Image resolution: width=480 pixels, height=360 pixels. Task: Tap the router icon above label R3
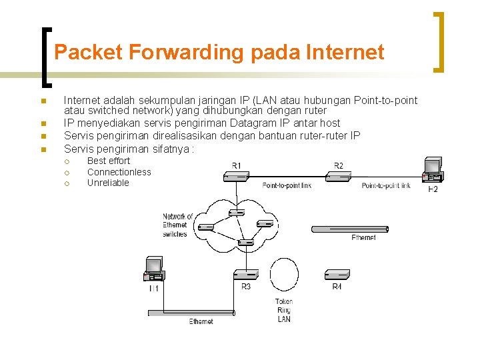click(246, 274)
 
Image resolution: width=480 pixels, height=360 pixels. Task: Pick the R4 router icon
click(337, 274)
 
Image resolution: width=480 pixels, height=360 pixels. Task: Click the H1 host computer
click(154, 269)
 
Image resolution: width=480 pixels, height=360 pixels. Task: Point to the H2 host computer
click(433, 171)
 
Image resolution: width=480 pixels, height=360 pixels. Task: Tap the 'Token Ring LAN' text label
click(284, 311)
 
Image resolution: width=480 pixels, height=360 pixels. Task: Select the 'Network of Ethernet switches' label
click(177, 225)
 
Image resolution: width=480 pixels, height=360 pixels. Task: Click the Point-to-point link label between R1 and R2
click(287, 185)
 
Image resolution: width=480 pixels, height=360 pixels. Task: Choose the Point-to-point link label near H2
click(386, 185)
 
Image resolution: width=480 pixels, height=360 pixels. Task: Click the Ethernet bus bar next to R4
click(349, 229)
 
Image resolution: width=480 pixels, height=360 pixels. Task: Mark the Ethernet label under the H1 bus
click(201, 321)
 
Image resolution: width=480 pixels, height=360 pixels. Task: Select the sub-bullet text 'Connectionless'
click(119, 172)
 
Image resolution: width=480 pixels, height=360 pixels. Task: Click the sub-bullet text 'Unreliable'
click(108, 183)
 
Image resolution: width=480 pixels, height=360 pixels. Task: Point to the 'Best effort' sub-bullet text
click(109, 161)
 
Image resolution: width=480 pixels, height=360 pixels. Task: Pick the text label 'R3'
click(246, 287)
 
